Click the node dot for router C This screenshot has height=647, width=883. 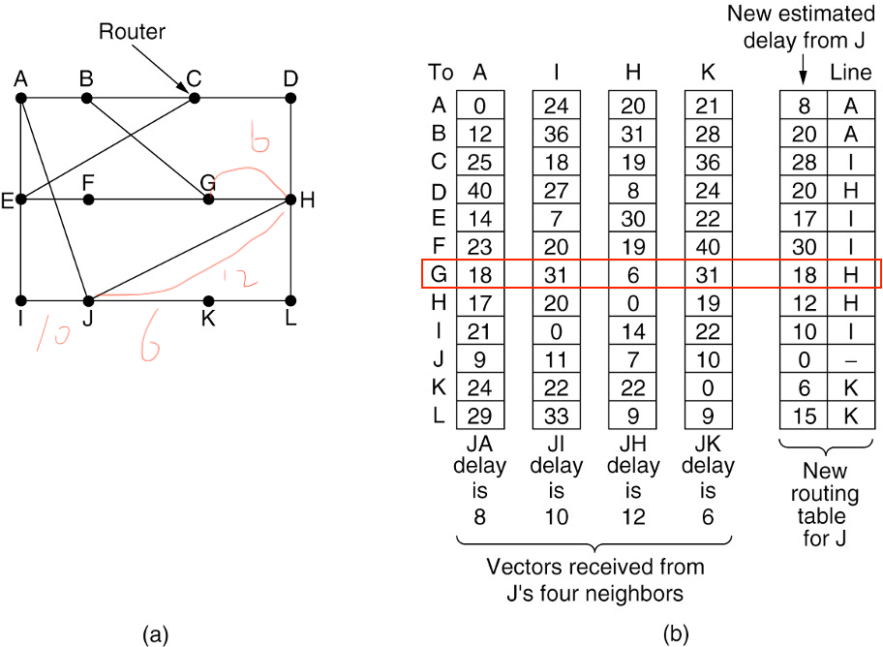pos(195,98)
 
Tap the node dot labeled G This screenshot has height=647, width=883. pos(207,200)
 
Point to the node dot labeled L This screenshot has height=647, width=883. pos(290,300)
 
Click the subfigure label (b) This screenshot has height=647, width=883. pos(676,633)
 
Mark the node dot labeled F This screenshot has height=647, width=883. pos(88,200)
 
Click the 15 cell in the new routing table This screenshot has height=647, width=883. pos(804,417)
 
